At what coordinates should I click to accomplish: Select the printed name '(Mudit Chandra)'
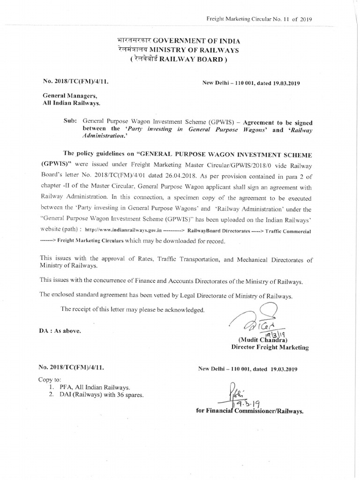click(263, 340)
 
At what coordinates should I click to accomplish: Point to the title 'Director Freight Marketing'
click(270, 347)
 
